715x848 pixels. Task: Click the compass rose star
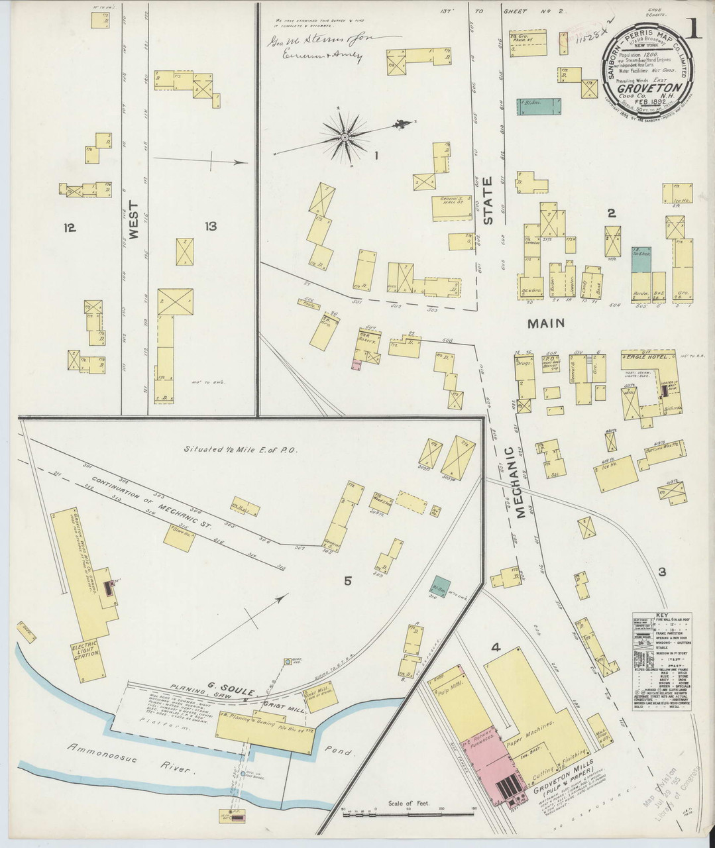[345, 137]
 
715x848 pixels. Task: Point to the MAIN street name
[546, 323]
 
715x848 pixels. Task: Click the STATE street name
[488, 201]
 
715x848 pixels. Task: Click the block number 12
[70, 228]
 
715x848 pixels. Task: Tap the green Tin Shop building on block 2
[640, 260]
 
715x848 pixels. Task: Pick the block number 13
[211, 227]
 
